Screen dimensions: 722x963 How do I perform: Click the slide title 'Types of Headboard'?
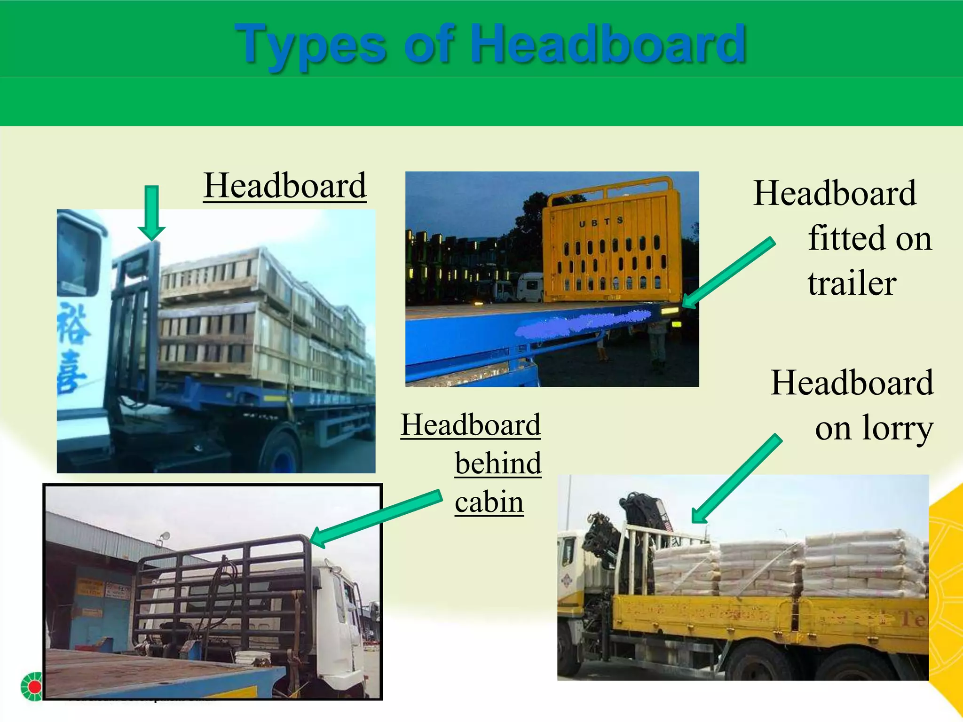[x=490, y=45]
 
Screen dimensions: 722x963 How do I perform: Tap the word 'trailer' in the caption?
[x=852, y=283]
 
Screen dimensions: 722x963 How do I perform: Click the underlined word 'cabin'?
[x=489, y=502]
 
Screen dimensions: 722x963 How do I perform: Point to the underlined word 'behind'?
[x=498, y=463]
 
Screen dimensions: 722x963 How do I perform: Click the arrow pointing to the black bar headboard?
[x=376, y=518]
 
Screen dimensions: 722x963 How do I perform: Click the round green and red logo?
[x=32, y=686]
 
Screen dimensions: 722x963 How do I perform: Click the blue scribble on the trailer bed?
[x=583, y=324]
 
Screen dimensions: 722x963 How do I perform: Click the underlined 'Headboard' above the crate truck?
[x=284, y=186]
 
